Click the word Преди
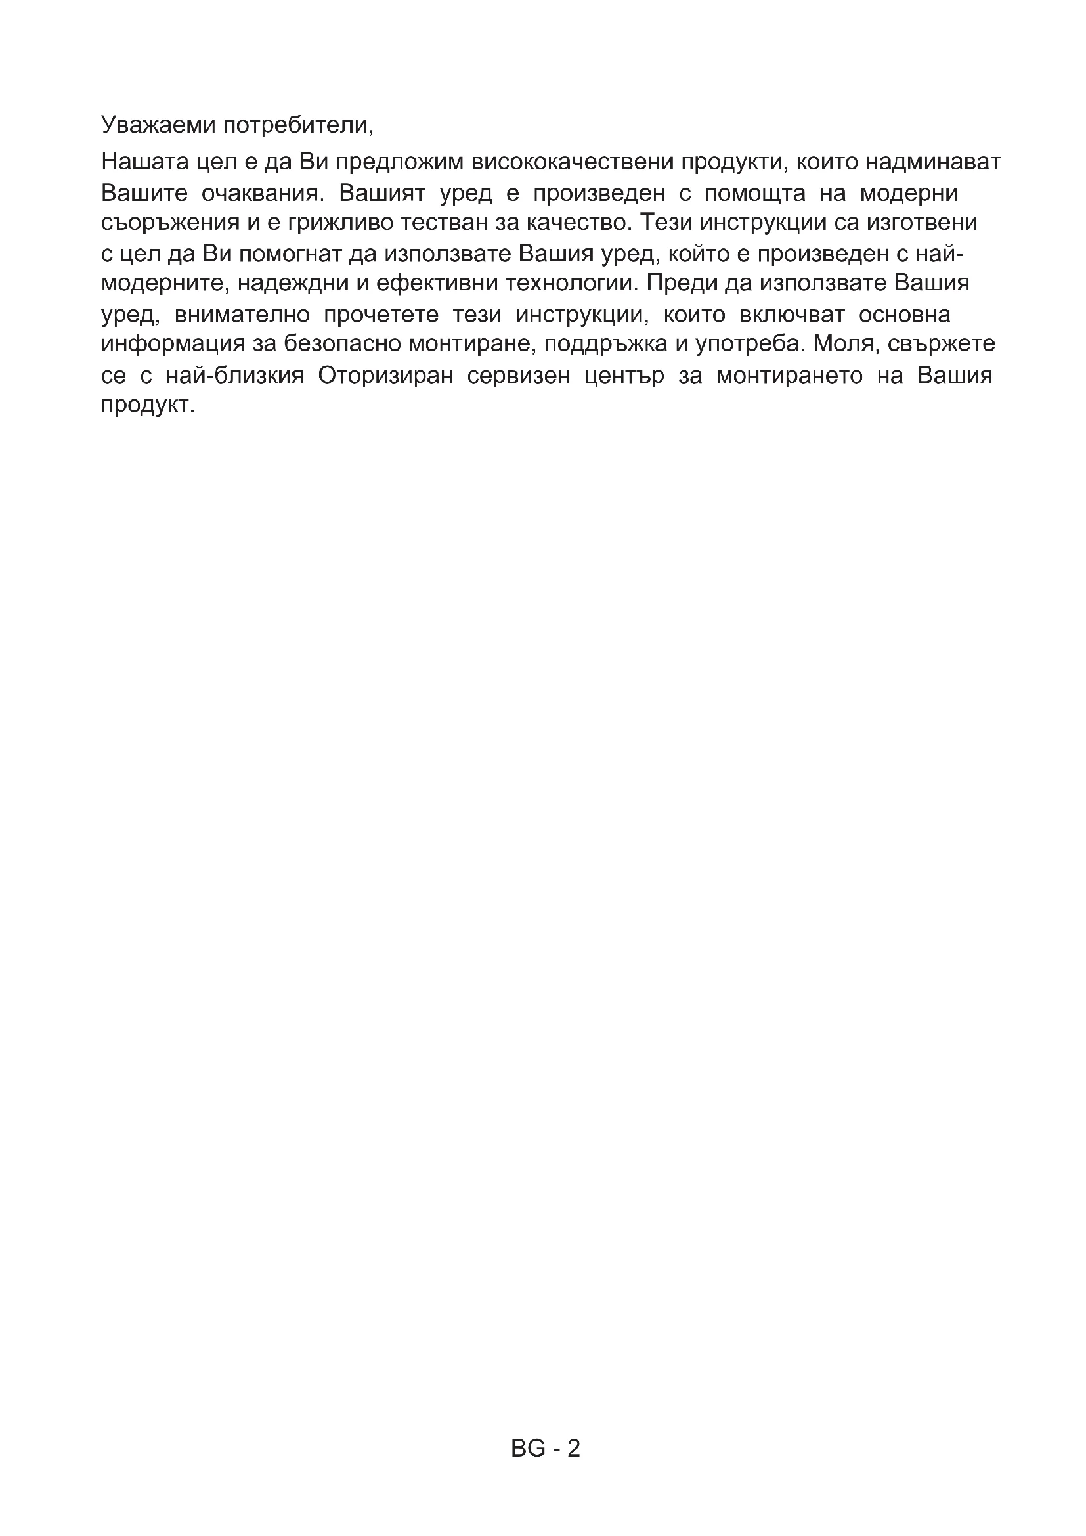tap(678, 283)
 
